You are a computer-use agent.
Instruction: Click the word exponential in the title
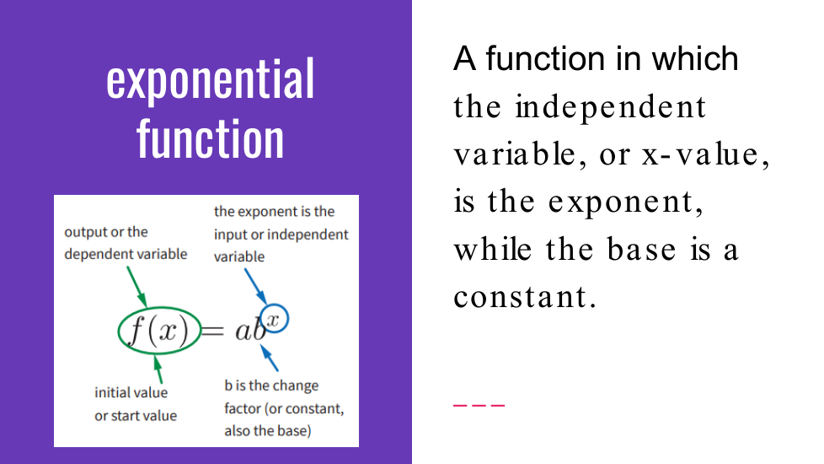pos(210,80)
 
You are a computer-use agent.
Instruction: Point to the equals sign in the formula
pos(213,331)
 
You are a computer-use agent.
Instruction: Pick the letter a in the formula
pos(243,332)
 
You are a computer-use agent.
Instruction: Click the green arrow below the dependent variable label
pos(136,287)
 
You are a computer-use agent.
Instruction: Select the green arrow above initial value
pos(158,369)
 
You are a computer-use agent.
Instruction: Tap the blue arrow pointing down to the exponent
pos(256,287)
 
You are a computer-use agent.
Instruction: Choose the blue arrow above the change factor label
pos(269,358)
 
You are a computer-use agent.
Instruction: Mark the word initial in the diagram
pos(110,392)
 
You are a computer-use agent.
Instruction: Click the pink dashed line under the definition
pos(479,405)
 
